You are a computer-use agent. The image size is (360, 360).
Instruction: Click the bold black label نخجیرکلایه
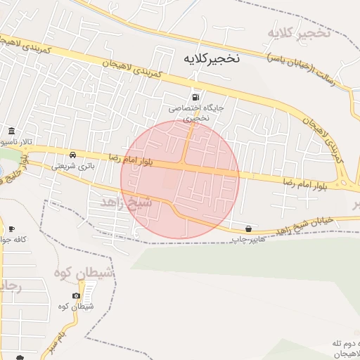click(x=211, y=58)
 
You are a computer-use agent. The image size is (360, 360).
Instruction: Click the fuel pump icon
click(x=195, y=98)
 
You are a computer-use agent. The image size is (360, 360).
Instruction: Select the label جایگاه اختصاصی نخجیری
click(x=195, y=114)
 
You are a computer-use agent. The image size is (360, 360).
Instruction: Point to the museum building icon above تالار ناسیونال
click(x=11, y=131)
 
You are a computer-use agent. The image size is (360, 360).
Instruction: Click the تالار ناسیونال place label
click(x=18, y=143)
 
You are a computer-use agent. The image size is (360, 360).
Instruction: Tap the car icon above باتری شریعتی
click(x=72, y=154)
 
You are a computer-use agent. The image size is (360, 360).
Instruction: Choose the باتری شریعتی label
click(x=72, y=167)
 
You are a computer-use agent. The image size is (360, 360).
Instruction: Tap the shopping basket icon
click(x=249, y=229)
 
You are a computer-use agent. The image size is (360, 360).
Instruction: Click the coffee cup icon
click(x=11, y=229)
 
